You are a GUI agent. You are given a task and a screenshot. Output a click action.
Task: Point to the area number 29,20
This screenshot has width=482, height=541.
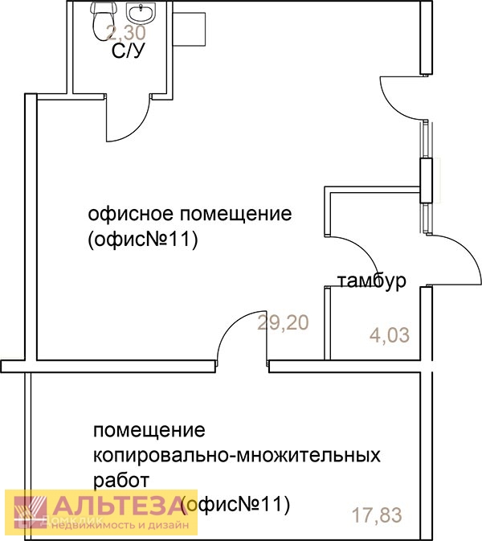coord(283,323)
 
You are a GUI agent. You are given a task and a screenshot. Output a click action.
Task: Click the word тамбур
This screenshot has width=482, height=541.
coord(371,281)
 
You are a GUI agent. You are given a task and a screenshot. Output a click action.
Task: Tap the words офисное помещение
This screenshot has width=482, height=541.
coord(190,215)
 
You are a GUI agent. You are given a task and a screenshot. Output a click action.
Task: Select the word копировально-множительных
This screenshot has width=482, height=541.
coord(237,456)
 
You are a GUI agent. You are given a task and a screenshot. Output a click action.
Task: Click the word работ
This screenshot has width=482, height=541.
coord(121,481)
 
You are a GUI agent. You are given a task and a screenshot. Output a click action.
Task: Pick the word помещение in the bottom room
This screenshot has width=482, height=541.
coord(149,430)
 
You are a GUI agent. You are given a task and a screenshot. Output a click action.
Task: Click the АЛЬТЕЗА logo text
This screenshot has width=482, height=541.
coord(120,506)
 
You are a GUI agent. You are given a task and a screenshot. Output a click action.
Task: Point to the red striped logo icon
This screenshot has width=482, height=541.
coord(31,512)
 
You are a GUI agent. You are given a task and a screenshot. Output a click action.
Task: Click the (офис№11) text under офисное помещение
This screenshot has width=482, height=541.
coord(143,240)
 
